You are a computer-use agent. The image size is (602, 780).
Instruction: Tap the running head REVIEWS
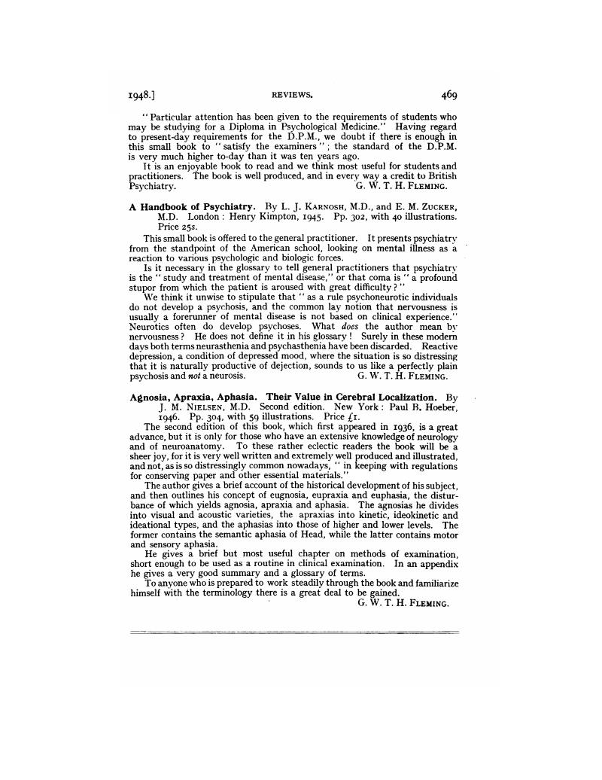click(291, 96)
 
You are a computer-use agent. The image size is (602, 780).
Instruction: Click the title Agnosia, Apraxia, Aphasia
click(195, 397)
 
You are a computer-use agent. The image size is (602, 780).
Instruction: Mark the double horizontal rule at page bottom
click(293, 632)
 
